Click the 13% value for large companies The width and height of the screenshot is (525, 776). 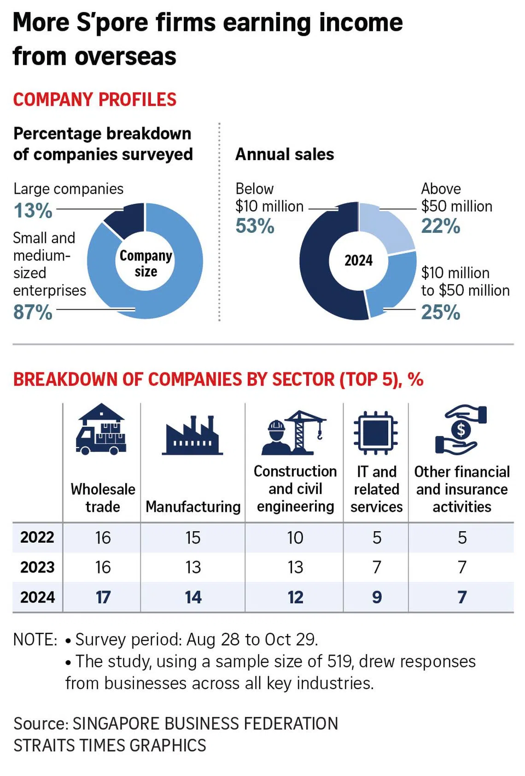point(33,211)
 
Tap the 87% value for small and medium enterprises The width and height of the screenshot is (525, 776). point(33,312)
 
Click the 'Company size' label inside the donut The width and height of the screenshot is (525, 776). point(146,263)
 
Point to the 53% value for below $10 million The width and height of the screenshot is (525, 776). point(255,226)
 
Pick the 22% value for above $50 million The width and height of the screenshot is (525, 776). point(440,226)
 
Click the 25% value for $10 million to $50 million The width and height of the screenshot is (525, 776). point(440,312)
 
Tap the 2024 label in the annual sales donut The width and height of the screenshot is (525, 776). point(358,261)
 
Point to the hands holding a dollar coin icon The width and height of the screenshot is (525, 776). point(461,430)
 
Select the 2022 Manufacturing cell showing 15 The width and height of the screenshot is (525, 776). point(193,538)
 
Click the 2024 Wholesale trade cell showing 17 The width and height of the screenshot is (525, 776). point(103,597)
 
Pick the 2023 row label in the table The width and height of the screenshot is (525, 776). point(37,567)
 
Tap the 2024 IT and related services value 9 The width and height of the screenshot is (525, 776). point(377,597)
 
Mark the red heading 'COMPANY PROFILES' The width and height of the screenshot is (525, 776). point(94,99)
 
